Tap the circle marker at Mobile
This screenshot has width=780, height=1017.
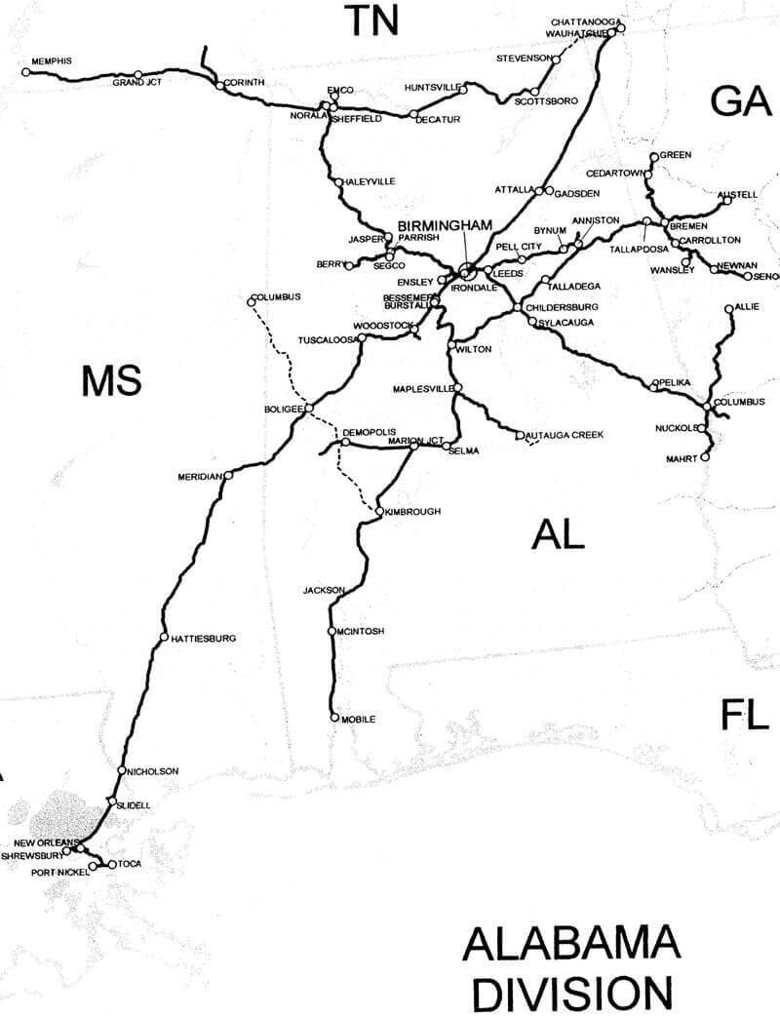coord(335,719)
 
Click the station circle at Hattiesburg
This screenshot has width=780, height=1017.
coord(163,638)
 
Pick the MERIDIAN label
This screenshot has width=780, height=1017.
coord(201,476)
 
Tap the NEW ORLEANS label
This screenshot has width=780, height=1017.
coord(45,841)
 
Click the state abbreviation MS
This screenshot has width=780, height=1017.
coord(111,380)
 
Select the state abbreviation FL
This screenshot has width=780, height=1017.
coord(745,715)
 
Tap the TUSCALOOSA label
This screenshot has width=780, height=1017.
coord(325,340)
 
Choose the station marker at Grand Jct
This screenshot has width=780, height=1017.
coord(138,74)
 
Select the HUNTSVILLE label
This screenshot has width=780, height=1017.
coord(431,88)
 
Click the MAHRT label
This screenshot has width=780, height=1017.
coord(682,456)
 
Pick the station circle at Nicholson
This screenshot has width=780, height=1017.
coord(121,771)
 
